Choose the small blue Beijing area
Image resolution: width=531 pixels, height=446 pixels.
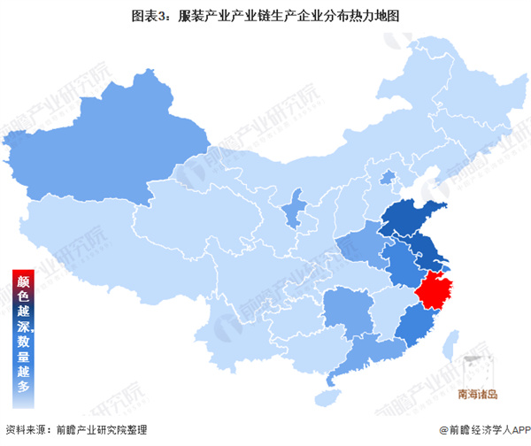coord(387,179)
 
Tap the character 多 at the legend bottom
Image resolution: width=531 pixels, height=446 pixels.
coord(23,387)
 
